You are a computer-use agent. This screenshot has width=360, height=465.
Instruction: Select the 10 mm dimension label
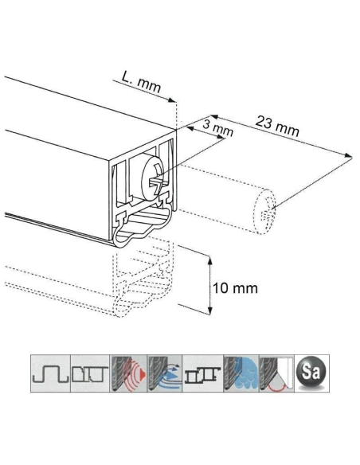click(x=233, y=287)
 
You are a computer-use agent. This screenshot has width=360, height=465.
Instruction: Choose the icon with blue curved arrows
click(x=165, y=371)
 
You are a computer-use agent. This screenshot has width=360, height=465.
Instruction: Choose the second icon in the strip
click(x=88, y=371)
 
